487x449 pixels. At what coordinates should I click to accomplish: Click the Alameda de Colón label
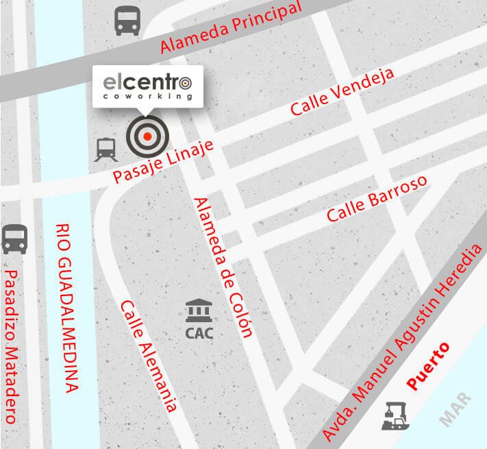(223, 267)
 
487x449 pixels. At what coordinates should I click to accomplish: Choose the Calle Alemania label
(149, 355)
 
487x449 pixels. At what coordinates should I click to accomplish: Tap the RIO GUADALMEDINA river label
(68, 308)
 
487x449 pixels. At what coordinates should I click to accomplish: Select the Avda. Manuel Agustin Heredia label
(407, 336)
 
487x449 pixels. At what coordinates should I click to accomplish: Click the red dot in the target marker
(147, 136)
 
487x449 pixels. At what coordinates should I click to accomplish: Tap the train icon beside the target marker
(105, 149)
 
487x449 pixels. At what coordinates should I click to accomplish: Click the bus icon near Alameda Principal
(127, 21)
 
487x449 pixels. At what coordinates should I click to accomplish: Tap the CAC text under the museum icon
(199, 335)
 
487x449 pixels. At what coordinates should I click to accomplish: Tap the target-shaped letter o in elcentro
(185, 83)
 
